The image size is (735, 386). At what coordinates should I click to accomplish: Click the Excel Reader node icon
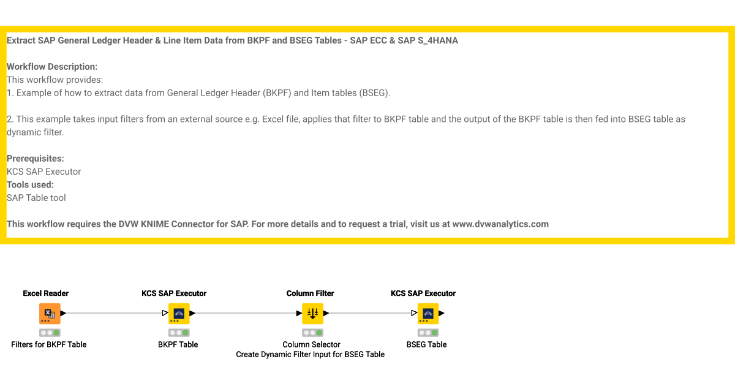click(x=50, y=313)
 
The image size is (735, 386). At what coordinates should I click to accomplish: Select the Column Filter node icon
click(x=312, y=313)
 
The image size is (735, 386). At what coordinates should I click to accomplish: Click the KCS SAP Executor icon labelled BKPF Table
click(x=179, y=313)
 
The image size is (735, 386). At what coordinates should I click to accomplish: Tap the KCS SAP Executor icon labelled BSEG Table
click(x=428, y=313)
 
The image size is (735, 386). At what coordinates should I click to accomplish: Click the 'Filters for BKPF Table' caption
click(x=49, y=344)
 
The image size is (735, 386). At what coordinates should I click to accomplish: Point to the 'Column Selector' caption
click(x=311, y=344)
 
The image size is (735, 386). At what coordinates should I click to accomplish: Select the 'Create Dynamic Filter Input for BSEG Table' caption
click(x=311, y=354)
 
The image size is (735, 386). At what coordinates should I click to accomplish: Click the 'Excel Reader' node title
click(x=46, y=293)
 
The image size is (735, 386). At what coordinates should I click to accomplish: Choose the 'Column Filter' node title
click(x=311, y=293)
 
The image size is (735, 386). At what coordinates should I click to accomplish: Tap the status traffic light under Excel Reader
click(x=50, y=333)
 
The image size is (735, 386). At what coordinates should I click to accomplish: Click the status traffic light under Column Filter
click(x=312, y=333)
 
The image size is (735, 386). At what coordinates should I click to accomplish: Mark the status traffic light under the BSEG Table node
click(x=428, y=333)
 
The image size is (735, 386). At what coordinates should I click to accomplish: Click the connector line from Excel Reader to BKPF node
click(x=113, y=313)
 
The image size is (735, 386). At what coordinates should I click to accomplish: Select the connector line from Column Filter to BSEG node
click(x=371, y=313)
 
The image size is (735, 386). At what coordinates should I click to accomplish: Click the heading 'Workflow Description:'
click(x=52, y=67)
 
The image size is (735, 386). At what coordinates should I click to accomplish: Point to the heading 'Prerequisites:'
click(x=36, y=158)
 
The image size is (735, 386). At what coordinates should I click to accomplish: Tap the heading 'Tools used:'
click(x=30, y=184)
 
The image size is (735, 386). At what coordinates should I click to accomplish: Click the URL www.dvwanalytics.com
click(x=500, y=224)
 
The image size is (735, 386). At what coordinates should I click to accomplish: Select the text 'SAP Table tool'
click(x=36, y=198)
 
